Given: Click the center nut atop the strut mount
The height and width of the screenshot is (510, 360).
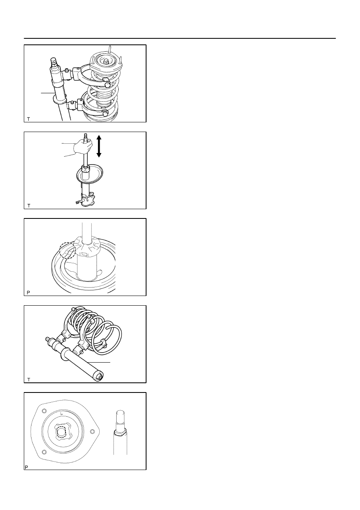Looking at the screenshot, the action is pyautogui.click(x=106, y=61).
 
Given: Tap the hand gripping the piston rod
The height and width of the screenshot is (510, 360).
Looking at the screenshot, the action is pyautogui.click(x=84, y=146).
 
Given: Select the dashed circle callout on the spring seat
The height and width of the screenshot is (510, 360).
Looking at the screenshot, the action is pyautogui.click(x=67, y=250).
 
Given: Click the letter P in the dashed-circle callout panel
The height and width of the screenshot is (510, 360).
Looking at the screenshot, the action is pyautogui.click(x=28, y=293).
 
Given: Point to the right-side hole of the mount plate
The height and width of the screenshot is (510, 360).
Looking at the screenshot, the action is pyautogui.click(x=92, y=431).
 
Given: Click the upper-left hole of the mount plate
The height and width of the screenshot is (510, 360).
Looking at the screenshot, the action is pyautogui.click(x=44, y=411).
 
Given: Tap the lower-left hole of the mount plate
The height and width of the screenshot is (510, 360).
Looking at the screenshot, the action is pyautogui.click(x=44, y=452).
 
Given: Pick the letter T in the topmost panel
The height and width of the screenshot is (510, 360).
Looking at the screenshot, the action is pyautogui.click(x=28, y=119).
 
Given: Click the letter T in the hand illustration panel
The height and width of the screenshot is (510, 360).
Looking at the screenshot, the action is pyautogui.click(x=29, y=206).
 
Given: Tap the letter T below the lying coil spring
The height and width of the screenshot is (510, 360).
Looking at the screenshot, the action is pyautogui.click(x=29, y=380).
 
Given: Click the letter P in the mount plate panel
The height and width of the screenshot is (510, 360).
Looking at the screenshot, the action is pyautogui.click(x=26, y=468).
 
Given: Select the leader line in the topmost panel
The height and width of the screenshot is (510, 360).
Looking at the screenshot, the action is pyautogui.click(x=48, y=93).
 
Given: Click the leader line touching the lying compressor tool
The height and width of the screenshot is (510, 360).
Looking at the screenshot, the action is pyautogui.click(x=99, y=362).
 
